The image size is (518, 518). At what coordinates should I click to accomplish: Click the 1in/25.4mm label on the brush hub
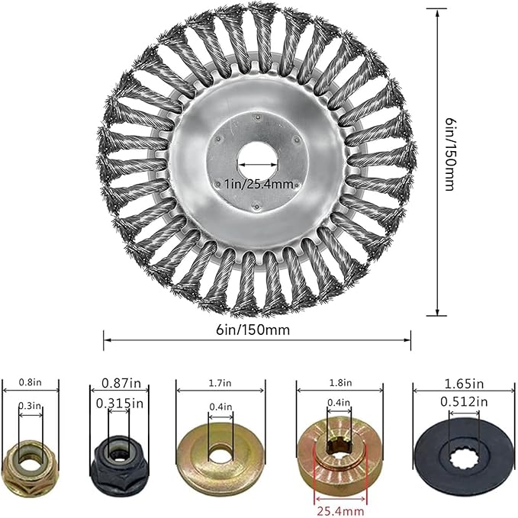tap(259, 183)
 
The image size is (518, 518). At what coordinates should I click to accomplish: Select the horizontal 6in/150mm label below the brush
tap(253, 330)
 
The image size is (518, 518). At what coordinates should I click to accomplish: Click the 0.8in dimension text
tap(30, 382)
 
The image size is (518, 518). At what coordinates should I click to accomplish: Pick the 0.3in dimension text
tap(30, 405)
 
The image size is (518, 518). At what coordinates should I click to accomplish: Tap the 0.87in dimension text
tap(121, 383)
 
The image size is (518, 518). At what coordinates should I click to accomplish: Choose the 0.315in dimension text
tap(120, 404)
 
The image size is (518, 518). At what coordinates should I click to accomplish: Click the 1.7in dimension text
tap(220, 383)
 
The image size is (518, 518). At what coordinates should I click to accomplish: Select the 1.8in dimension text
tap(340, 383)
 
